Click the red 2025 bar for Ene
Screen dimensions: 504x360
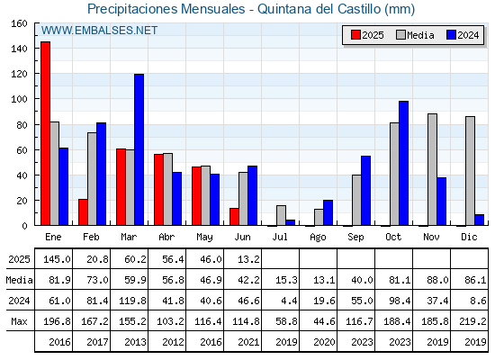click(45, 133)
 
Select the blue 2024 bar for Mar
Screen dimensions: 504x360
click(139, 149)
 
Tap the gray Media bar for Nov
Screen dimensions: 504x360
click(432, 169)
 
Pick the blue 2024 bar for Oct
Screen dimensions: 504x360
click(404, 163)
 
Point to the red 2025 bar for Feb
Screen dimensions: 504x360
click(83, 212)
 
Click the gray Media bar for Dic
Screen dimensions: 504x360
click(470, 171)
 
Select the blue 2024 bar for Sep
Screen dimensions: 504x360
click(365, 191)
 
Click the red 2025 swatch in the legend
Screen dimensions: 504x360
click(355, 35)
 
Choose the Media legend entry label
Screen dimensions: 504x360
click(420, 35)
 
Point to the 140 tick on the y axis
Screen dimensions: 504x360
click(36, 49)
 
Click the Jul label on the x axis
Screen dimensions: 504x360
click(280, 237)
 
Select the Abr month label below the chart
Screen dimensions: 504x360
click(166, 237)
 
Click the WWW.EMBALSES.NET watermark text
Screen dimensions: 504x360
click(99, 31)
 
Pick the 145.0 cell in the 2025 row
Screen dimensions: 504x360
click(57, 259)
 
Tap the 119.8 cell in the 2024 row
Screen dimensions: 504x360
click(133, 301)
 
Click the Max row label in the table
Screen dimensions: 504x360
click(19, 321)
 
